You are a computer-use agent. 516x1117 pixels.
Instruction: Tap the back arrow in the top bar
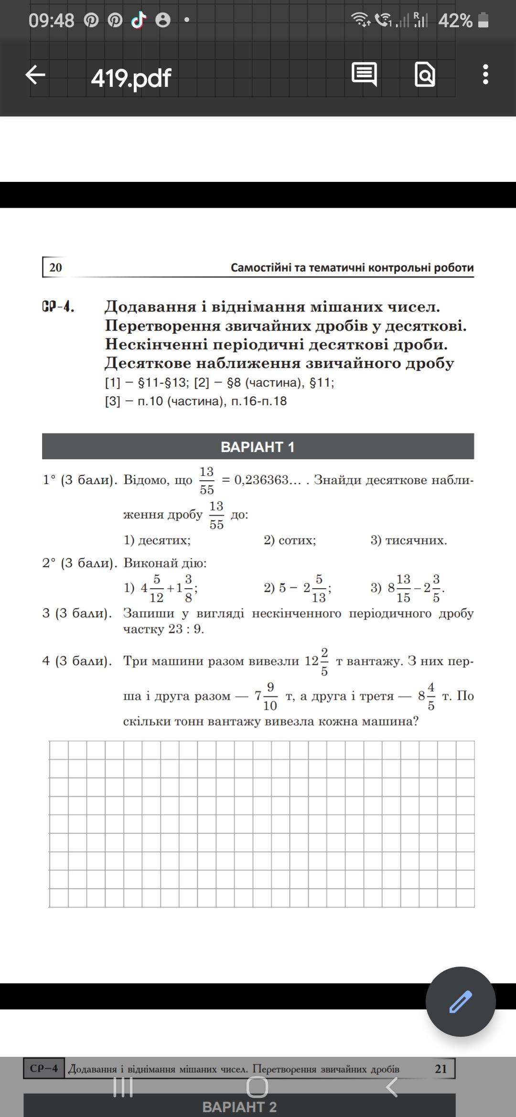point(35,75)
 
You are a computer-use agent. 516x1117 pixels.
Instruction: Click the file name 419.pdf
point(131,78)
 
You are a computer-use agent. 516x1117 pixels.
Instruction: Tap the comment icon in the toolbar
point(364,74)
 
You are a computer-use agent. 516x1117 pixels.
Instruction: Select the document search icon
point(425,74)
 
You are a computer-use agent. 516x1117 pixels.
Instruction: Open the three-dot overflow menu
point(485,75)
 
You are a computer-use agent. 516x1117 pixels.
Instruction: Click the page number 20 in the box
point(55,267)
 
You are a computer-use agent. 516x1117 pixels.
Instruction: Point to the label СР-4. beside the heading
point(58,307)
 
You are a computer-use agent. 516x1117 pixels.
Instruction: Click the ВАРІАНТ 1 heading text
point(258,447)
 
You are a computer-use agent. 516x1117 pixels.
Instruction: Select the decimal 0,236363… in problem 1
point(268,480)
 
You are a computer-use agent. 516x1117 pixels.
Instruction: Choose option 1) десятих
point(157,540)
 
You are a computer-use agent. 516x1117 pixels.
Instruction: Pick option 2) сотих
point(290,540)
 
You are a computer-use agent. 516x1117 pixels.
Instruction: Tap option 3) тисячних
point(409,540)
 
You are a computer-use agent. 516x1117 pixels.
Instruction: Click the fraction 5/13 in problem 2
point(319,588)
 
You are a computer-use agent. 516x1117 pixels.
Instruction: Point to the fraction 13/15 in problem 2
point(403,588)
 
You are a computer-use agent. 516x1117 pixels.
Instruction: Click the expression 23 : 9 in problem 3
point(186,629)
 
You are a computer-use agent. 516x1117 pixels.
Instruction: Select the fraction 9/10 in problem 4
point(270,696)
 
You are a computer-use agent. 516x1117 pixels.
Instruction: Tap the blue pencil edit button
point(461,1001)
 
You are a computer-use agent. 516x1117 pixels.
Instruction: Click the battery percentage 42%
point(455,21)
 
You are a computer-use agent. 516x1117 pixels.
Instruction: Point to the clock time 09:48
point(51,21)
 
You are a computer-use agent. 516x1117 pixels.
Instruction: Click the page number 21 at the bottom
point(441,1069)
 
